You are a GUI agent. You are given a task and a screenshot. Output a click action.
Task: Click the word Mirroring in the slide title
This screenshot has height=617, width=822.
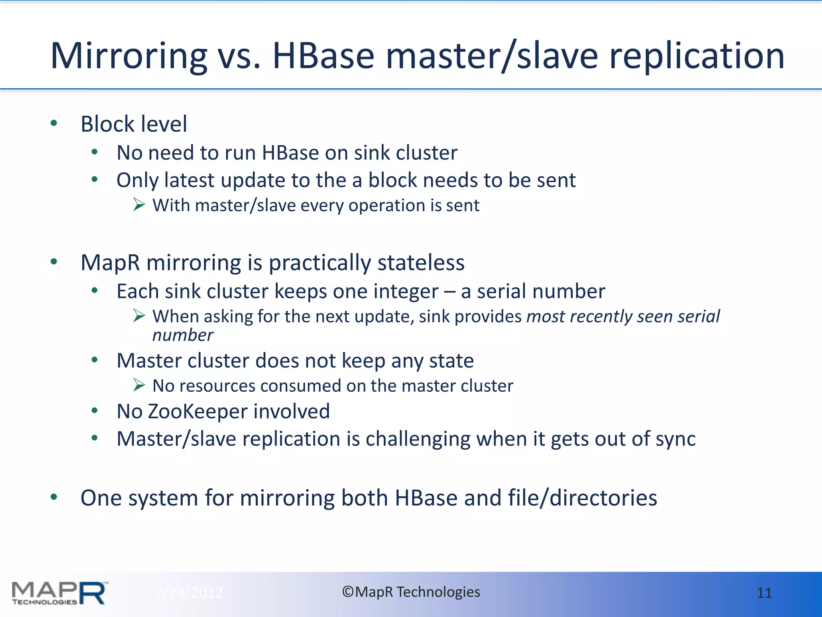[128, 56]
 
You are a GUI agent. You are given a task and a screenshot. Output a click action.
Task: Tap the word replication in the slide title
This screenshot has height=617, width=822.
[696, 56]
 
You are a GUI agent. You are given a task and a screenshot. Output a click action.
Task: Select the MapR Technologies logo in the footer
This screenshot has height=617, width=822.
[59, 593]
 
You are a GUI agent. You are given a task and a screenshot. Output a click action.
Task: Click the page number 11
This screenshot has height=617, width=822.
[764, 593]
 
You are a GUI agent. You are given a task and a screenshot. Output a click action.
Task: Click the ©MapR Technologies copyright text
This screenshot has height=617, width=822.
[411, 592]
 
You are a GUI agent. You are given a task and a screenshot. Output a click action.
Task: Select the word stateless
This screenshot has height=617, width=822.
[421, 263]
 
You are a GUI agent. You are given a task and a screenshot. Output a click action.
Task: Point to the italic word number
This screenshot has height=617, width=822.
[183, 335]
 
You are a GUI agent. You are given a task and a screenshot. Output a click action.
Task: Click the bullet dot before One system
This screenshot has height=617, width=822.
[54, 497]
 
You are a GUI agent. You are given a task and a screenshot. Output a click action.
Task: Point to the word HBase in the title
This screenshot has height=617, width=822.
[323, 56]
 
